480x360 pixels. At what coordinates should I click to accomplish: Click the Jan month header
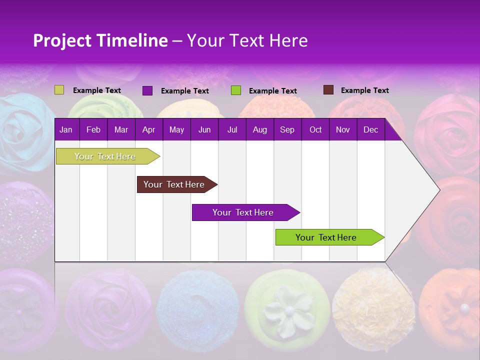pos(66,129)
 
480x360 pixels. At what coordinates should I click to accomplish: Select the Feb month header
pos(93,129)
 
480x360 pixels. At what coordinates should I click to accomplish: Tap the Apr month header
pos(148,129)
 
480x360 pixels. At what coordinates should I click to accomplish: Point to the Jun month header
pos(204,129)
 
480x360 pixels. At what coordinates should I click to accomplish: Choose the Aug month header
pos(259,129)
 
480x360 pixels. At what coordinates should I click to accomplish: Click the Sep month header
pos(287,129)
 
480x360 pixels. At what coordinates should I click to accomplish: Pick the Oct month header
pos(315,129)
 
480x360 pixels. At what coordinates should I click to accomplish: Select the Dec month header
pos(370,129)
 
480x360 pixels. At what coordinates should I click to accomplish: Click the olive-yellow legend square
pos(59,90)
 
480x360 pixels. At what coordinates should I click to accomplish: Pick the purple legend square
pos(147,90)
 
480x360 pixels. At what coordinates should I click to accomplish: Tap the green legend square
pos(236,90)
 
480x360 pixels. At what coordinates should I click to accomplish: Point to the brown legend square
pos(328,90)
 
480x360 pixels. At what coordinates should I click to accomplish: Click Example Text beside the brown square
pos(364,90)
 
